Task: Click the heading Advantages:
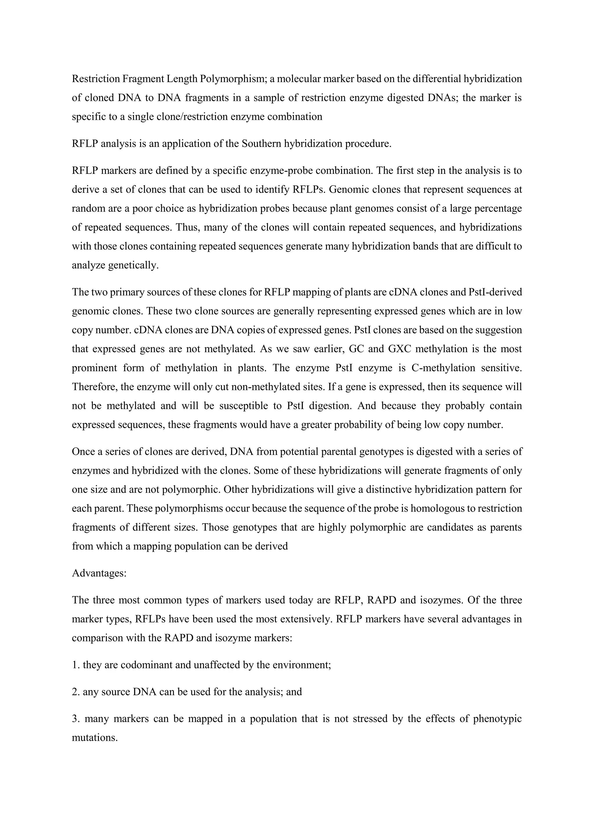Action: pos(99,573)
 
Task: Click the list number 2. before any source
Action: pos(75,692)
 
